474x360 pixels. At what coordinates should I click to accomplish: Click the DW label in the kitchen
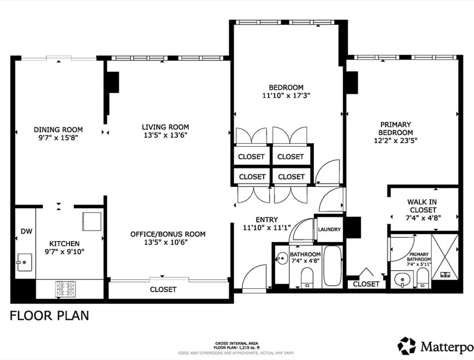[x=26, y=232]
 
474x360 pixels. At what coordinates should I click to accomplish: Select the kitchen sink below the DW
[x=24, y=262]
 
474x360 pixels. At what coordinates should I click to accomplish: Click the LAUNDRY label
[x=329, y=229]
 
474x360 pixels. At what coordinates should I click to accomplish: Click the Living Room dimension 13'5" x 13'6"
[x=165, y=135]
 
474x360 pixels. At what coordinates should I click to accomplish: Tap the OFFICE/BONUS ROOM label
[x=168, y=234]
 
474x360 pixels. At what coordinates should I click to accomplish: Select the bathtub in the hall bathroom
[x=332, y=266]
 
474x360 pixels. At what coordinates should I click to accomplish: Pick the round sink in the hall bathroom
[x=282, y=258]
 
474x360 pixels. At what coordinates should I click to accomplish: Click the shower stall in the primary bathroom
[x=445, y=256]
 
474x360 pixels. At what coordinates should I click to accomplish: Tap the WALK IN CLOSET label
[x=422, y=206]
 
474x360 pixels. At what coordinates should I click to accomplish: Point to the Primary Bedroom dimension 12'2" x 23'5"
[x=396, y=141]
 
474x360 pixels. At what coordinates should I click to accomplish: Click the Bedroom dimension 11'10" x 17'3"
[x=287, y=96]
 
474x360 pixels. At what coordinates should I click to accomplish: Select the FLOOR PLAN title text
[x=50, y=316]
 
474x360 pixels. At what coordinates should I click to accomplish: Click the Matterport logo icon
[x=407, y=346]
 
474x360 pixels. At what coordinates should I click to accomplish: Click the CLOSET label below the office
[x=163, y=289]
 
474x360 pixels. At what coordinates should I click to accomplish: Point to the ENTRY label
[x=266, y=219]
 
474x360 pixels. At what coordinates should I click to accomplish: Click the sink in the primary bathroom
[x=402, y=279]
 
